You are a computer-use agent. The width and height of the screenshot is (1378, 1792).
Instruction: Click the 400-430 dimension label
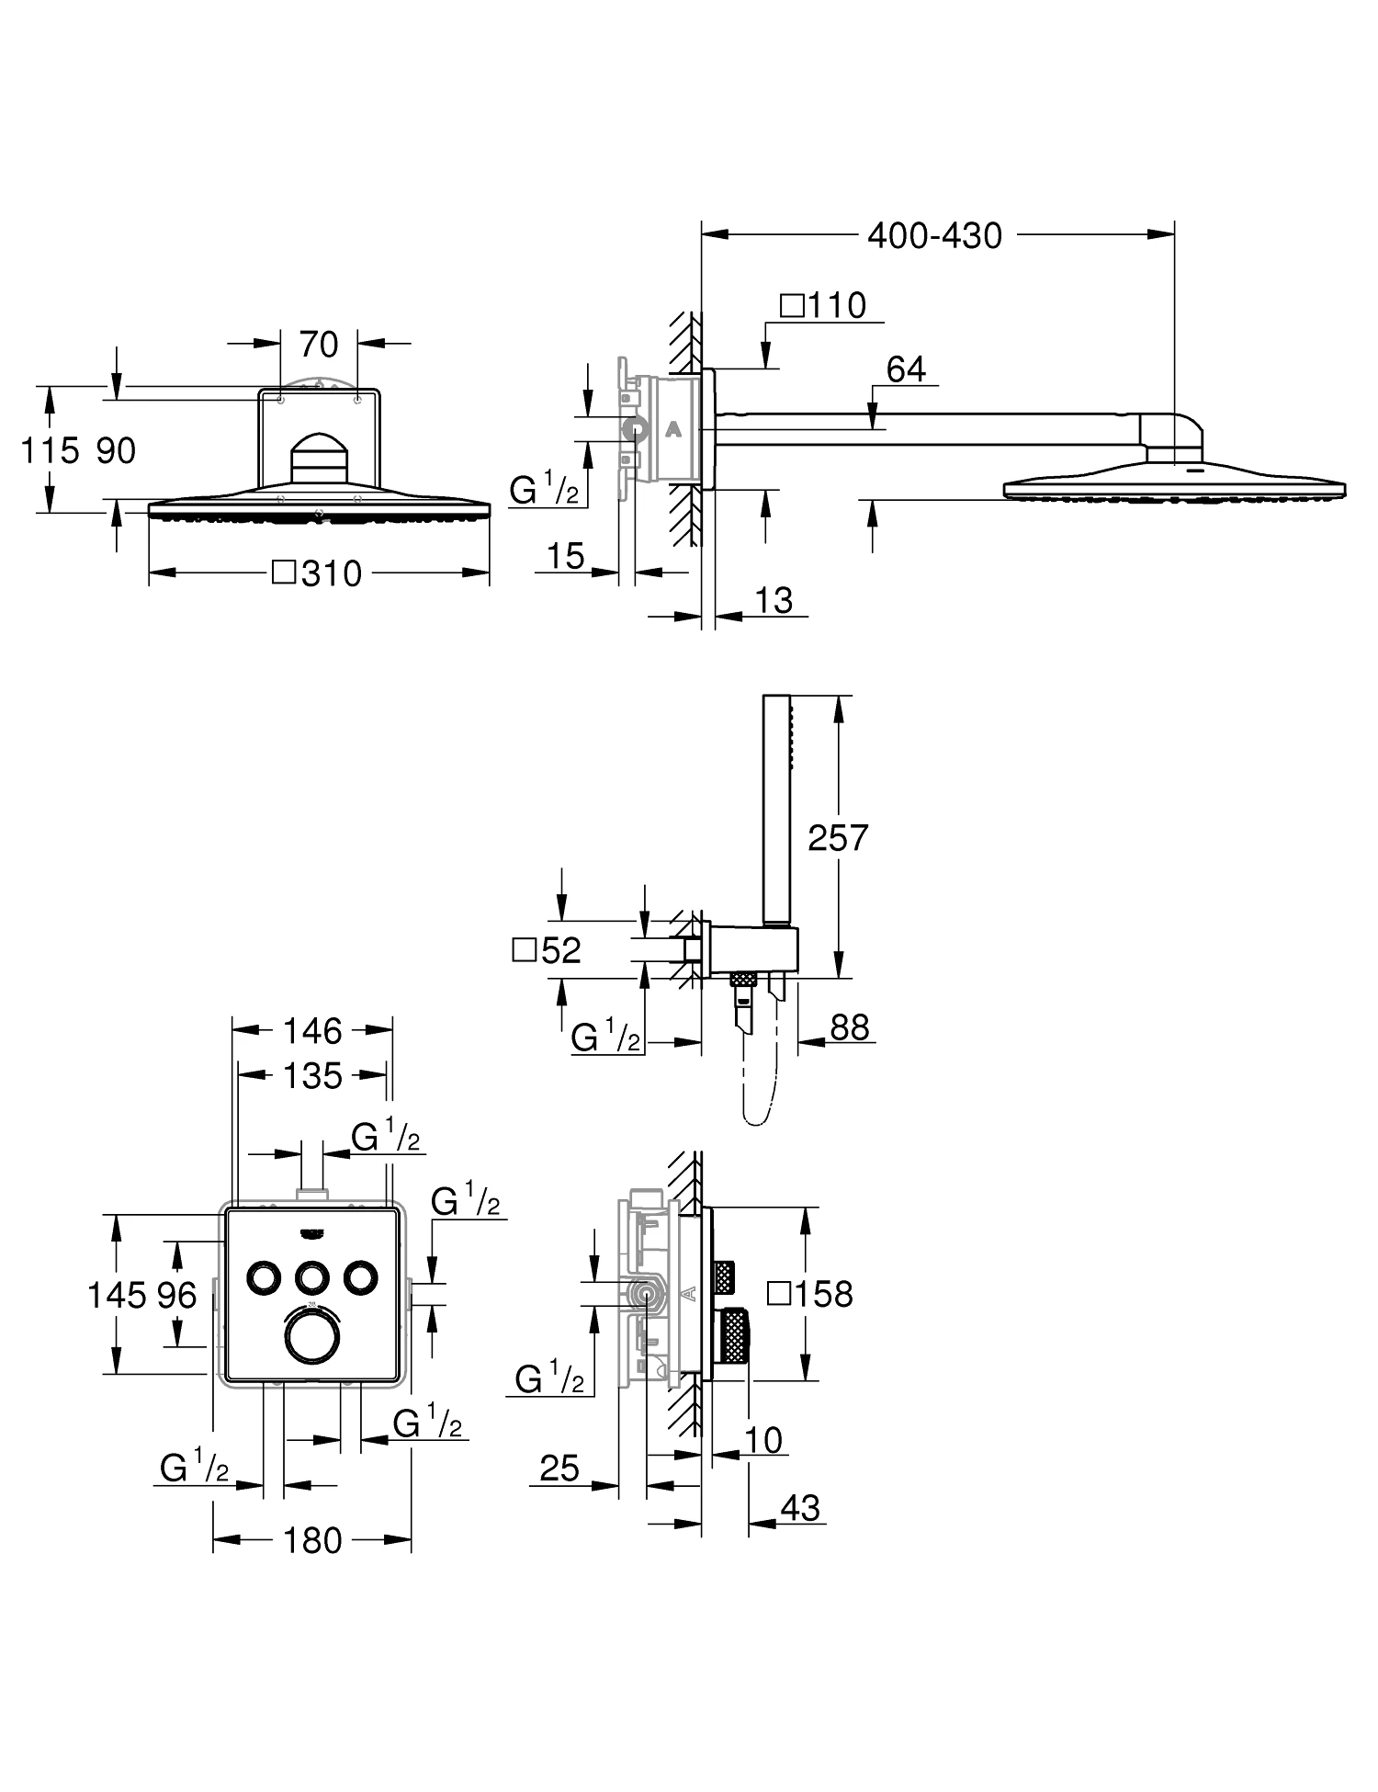(x=934, y=236)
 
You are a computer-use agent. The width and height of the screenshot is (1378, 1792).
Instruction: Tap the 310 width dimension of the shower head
(x=319, y=573)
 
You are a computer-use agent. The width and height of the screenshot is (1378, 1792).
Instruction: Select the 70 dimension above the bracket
(x=319, y=345)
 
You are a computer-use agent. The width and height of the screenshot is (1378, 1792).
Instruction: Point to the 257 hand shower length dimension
(x=837, y=837)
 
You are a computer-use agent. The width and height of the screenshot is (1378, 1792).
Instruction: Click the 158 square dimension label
(x=810, y=1294)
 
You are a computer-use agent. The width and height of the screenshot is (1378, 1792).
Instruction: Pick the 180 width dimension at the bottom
(x=312, y=1540)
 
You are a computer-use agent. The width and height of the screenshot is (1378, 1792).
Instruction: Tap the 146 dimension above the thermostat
(x=312, y=1031)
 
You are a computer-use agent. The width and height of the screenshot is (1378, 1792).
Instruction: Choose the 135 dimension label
(x=312, y=1075)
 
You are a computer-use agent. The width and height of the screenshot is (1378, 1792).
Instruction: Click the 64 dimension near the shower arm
(x=906, y=369)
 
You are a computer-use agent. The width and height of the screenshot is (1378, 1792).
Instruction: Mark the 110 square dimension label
(x=824, y=305)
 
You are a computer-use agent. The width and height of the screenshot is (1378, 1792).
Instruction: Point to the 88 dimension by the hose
(x=849, y=1027)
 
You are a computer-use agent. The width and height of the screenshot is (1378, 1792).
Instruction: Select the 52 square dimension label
(x=548, y=950)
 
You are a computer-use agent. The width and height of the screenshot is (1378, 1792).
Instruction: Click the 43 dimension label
(x=799, y=1508)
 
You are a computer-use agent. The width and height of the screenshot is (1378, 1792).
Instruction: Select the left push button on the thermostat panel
(x=265, y=1276)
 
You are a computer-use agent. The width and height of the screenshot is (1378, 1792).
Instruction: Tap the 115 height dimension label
(x=49, y=450)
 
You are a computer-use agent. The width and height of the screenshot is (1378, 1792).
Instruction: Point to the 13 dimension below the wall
(x=774, y=600)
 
